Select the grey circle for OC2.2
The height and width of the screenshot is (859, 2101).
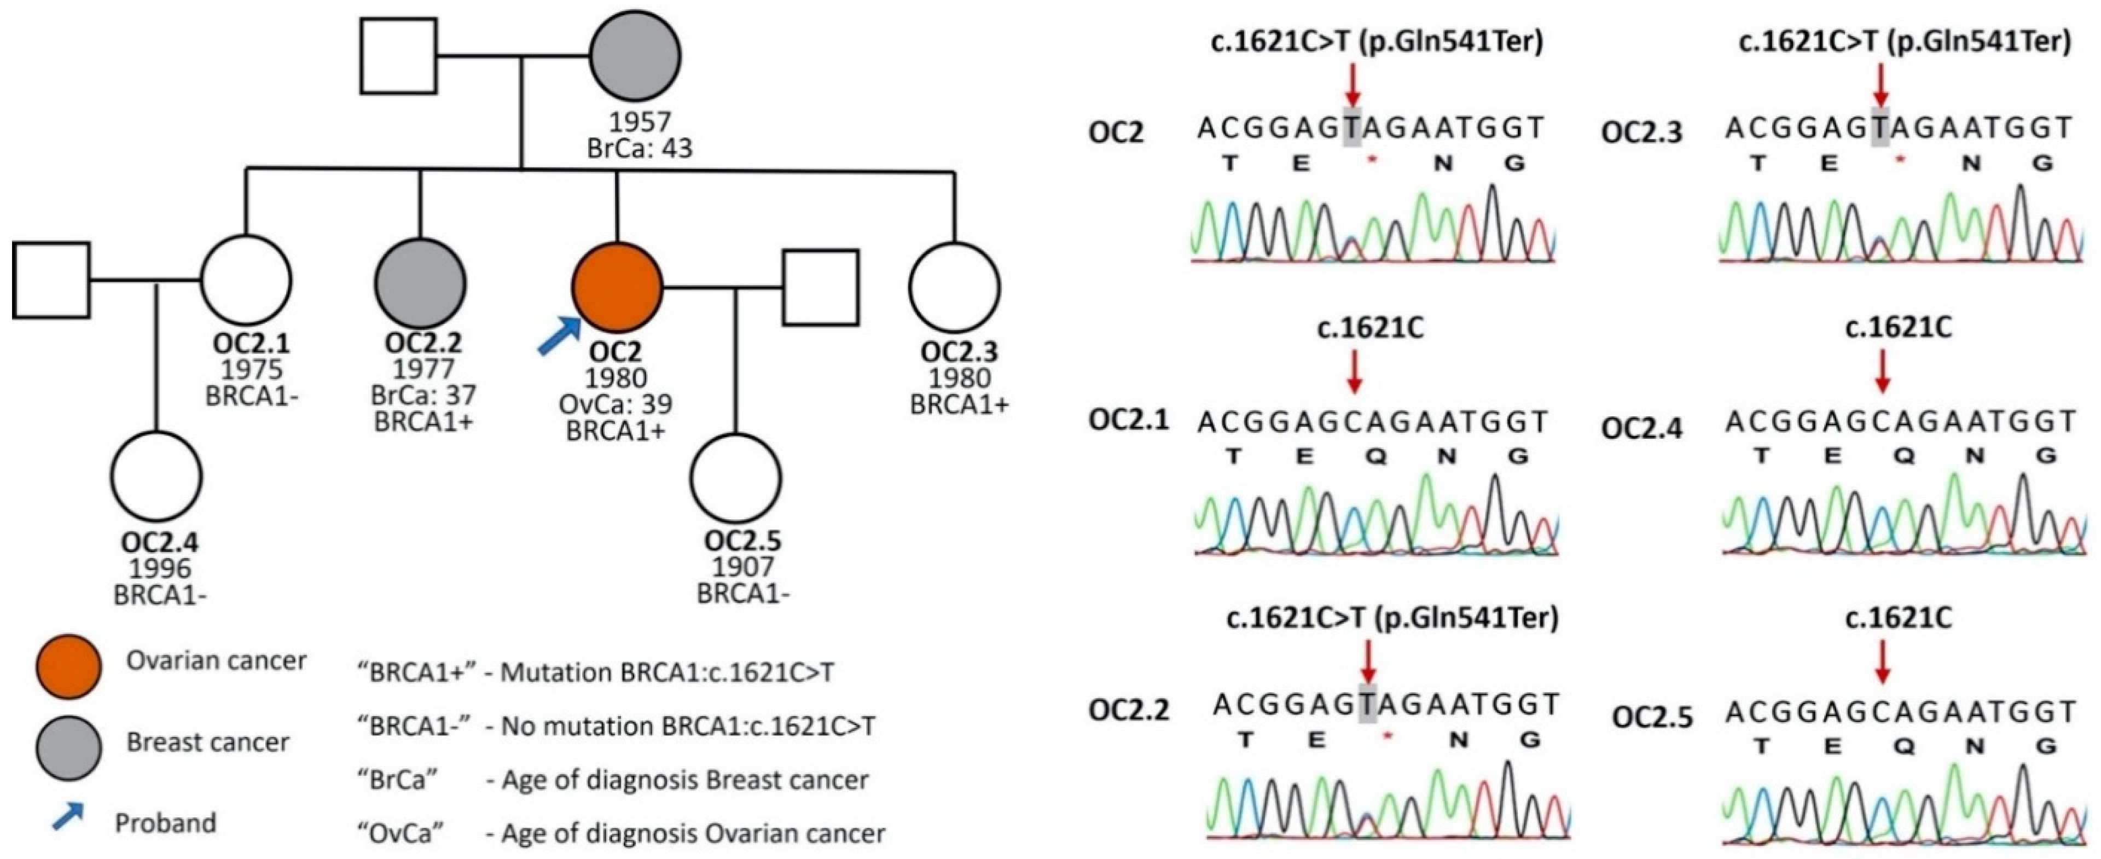click(x=420, y=283)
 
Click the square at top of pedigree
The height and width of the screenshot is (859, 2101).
click(x=398, y=55)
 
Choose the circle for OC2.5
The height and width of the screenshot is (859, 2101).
click(x=736, y=477)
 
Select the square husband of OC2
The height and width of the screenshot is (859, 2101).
click(x=821, y=287)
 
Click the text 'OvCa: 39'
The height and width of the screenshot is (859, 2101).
click(x=616, y=404)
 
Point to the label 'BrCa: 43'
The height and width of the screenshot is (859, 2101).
click(x=640, y=148)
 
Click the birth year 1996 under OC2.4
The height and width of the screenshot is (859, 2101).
click(x=160, y=568)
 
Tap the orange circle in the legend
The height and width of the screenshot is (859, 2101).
click(x=68, y=666)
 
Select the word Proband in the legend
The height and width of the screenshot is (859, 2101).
click(x=166, y=823)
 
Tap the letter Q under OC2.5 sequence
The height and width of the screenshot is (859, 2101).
click(x=1903, y=746)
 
